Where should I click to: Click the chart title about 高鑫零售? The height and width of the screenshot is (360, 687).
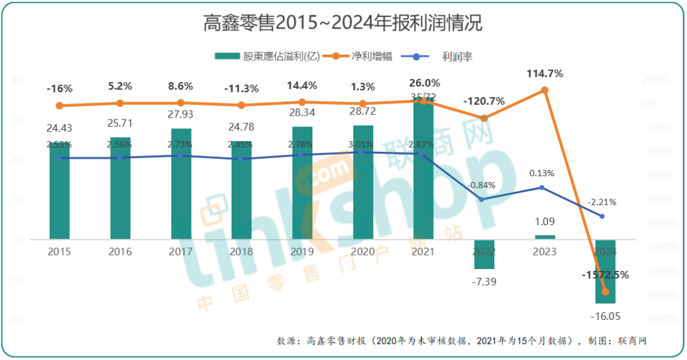[x=343, y=24]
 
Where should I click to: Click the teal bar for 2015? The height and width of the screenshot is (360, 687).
[x=60, y=191]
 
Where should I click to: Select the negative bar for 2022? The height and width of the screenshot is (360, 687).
[x=484, y=254]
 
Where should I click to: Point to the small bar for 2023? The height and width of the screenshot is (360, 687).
[x=545, y=237]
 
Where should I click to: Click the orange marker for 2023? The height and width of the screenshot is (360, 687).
[x=545, y=90]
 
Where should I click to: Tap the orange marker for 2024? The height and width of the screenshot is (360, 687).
[x=605, y=292]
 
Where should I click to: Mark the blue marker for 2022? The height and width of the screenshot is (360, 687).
[x=481, y=199]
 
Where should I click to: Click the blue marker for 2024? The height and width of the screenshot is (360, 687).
[x=602, y=216]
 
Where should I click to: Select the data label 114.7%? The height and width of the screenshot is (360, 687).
[x=545, y=74]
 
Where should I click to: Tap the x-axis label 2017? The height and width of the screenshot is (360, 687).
[x=181, y=251]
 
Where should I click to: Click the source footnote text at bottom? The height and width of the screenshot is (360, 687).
[x=461, y=342]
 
